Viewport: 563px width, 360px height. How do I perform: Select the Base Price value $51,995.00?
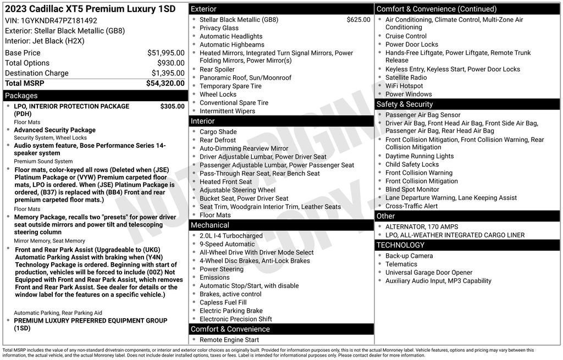click(165, 53)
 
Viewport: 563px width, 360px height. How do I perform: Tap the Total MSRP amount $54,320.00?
click(165, 83)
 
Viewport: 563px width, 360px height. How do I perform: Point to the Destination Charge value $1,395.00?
click(168, 73)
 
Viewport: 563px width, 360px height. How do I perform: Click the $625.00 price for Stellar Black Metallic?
click(358, 20)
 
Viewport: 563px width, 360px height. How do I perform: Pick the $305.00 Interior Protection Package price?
click(172, 106)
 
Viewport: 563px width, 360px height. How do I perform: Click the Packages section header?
click(21, 96)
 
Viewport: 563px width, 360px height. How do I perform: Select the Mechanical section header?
click(209, 225)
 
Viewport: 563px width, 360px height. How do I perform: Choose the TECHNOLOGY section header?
click(400, 245)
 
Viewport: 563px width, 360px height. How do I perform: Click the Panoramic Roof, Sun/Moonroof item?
click(245, 78)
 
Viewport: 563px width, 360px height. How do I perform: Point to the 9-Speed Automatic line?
click(227, 244)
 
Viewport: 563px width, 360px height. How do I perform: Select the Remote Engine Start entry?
click(229, 340)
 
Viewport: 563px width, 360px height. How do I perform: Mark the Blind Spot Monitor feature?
click(412, 189)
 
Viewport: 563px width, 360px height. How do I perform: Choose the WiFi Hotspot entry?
click(404, 86)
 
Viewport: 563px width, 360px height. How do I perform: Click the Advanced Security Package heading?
click(54, 130)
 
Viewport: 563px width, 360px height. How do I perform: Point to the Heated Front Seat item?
click(225, 182)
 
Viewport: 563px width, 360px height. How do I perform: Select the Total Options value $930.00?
click(171, 63)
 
